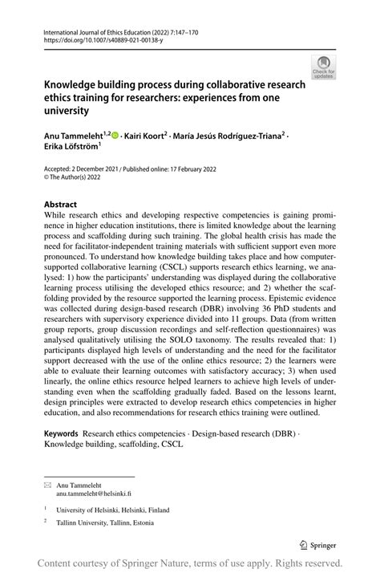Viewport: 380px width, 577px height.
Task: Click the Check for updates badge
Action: (x=323, y=67)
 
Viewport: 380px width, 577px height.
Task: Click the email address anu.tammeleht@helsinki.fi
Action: (x=93, y=494)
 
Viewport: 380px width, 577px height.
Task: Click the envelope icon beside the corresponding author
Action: (x=48, y=486)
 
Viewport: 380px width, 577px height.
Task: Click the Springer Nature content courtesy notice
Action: (x=190, y=563)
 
